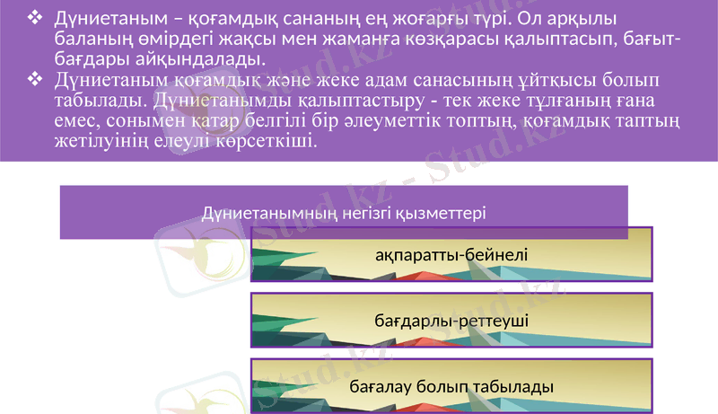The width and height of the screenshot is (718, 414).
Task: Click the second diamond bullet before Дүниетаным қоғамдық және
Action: [35, 80]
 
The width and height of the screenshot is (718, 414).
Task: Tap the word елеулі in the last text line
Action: [179, 142]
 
